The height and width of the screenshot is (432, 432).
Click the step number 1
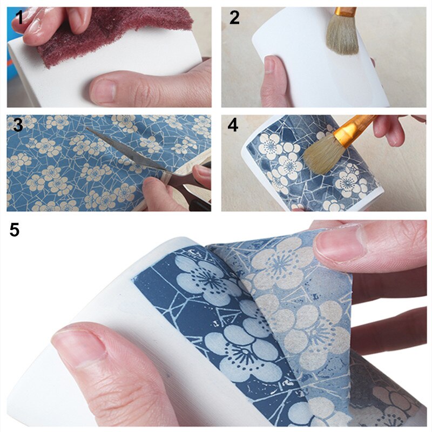click(x=19, y=18)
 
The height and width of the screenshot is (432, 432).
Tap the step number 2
click(x=234, y=18)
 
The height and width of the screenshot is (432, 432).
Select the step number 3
click(x=18, y=125)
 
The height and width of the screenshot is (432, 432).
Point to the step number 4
click(x=233, y=125)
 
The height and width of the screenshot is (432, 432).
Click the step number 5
click(x=15, y=230)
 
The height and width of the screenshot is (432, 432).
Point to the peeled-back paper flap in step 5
click(x=292, y=302)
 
